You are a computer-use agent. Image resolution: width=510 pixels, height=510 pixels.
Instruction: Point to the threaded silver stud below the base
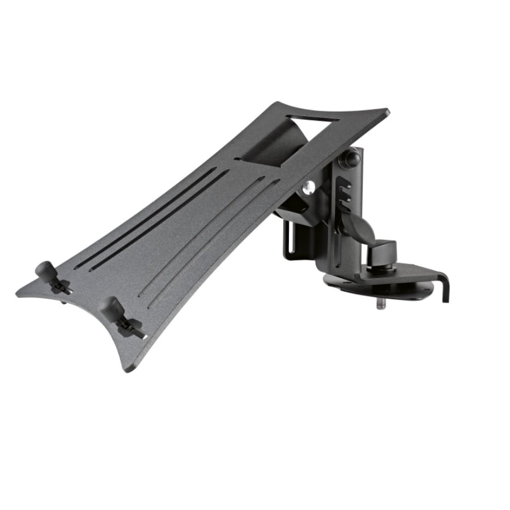pos(378,304)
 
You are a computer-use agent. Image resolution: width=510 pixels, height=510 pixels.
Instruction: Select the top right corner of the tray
pos(388,111)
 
